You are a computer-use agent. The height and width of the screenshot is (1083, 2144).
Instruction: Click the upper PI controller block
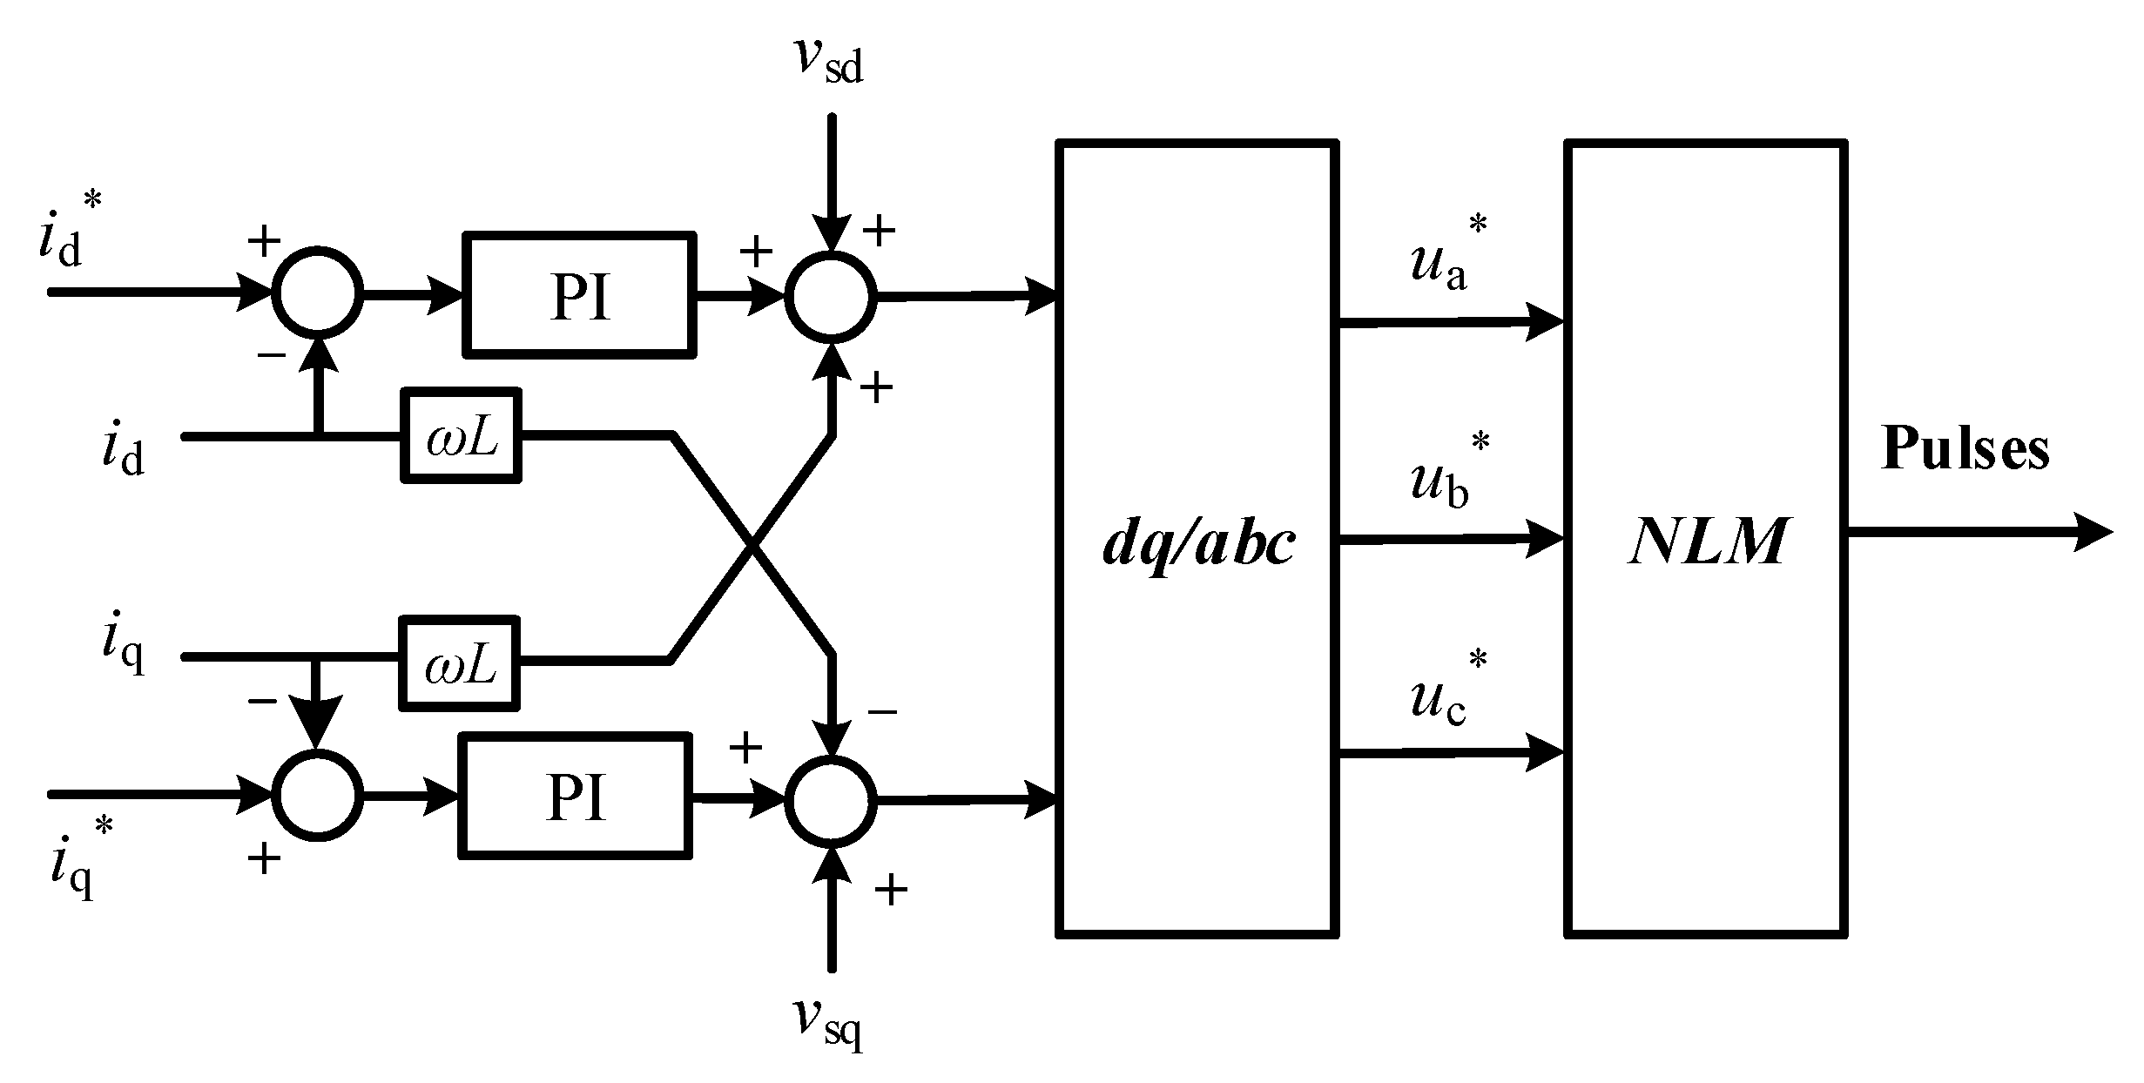coord(580,294)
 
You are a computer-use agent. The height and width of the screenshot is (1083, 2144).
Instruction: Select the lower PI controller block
coord(576,796)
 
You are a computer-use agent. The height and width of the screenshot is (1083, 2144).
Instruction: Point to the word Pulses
coord(1965,449)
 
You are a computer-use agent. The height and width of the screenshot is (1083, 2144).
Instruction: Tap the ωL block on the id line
coord(461,435)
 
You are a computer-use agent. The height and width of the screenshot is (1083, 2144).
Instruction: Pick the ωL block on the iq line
coord(459,663)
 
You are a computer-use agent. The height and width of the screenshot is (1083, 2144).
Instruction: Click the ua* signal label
coord(1447,257)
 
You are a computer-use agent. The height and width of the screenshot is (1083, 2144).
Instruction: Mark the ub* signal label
coord(1447,474)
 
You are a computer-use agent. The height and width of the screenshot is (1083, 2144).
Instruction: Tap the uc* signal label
coord(1447,692)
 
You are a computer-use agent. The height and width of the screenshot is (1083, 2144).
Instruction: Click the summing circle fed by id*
coord(317,293)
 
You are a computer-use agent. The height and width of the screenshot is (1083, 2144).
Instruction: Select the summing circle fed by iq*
coord(317,796)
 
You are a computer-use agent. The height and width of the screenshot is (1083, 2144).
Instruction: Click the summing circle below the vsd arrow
coord(831,296)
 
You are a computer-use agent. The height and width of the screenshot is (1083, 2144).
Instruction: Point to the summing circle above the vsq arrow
coord(831,799)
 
